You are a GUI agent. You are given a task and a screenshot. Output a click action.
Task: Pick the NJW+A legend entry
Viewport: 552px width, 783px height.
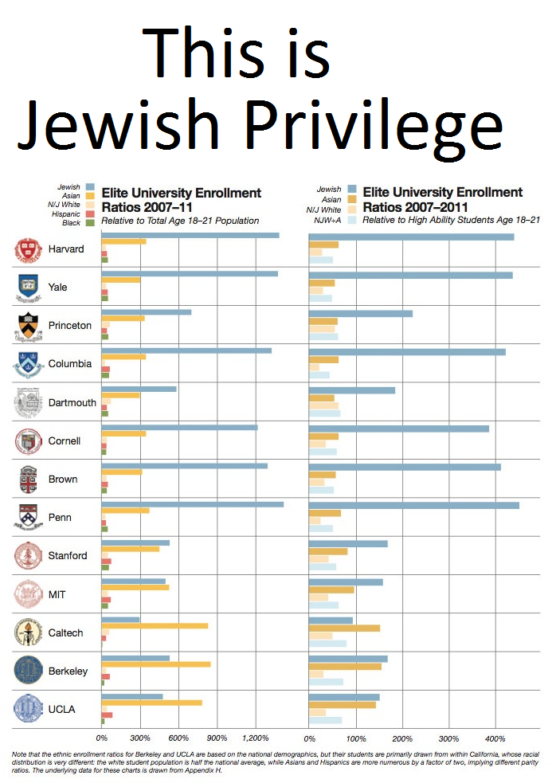[x=331, y=220]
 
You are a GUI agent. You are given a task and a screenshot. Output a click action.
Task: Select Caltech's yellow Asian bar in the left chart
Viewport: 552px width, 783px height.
[x=155, y=626]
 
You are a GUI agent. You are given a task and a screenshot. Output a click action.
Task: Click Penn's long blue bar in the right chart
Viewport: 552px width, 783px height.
[x=413, y=505]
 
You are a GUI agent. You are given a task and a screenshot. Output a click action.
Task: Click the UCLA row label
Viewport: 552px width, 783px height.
[x=62, y=709]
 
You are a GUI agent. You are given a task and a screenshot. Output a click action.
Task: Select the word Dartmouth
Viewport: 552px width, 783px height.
[x=72, y=403]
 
